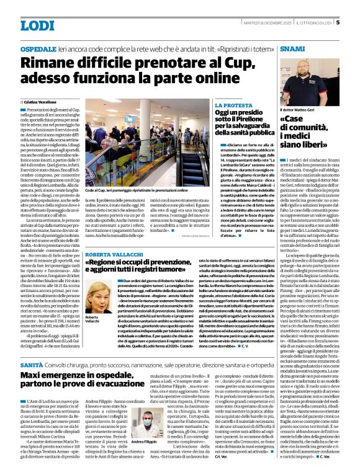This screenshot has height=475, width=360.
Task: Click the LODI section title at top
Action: pos(37,25)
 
